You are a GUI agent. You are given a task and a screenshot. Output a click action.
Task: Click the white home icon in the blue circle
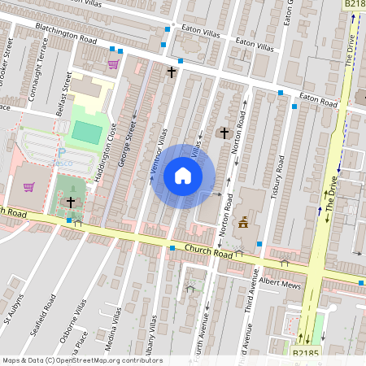pyautogui.click(x=183, y=176)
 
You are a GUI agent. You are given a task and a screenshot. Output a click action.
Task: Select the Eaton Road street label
pyautogui.click(x=317, y=100)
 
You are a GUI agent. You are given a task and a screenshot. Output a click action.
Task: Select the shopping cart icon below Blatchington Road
pyautogui.click(x=113, y=64)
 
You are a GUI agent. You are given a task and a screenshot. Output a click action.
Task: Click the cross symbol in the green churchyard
pyautogui.click(x=71, y=201)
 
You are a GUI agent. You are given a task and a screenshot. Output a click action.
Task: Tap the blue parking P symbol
pyautogui.click(x=61, y=152)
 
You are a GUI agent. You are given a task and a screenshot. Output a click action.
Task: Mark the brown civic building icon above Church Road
pyautogui.click(x=242, y=222)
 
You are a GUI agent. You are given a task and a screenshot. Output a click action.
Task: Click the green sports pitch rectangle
pyautogui.click(x=84, y=131)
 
